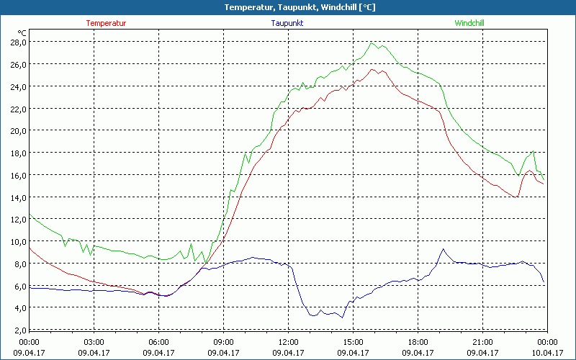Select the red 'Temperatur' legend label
[x=106, y=23]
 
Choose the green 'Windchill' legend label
[x=469, y=23]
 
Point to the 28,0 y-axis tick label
[x=18, y=42]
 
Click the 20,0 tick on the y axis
[x=18, y=130]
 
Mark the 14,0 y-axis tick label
[x=18, y=197]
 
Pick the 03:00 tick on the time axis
[x=94, y=341]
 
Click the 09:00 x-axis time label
[x=223, y=341]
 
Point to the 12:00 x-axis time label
[x=288, y=341]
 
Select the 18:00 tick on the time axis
[x=418, y=341]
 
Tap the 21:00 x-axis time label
[x=482, y=341]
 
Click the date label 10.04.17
[x=546, y=353]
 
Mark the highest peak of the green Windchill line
[x=372, y=43]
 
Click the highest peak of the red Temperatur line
[x=372, y=70]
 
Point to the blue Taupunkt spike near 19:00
[x=444, y=249]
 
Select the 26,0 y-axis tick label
[x=18, y=64]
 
